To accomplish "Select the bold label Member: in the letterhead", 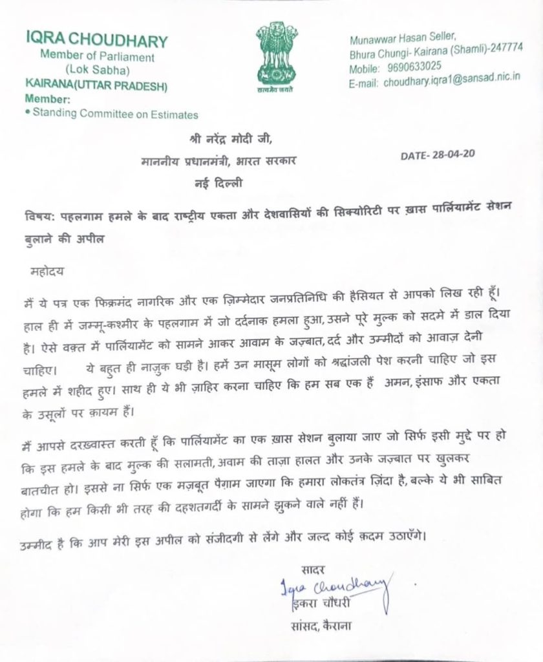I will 46,100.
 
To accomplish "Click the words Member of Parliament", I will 97,56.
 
